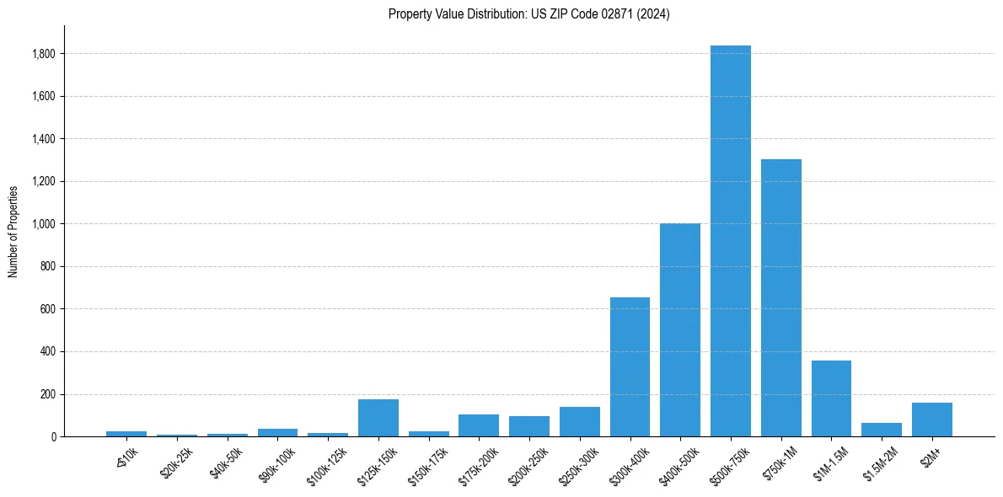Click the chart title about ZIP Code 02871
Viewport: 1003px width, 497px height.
(x=528, y=14)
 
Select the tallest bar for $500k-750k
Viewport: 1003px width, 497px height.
(x=730, y=241)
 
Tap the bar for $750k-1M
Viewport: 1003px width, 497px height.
(x=780, y=297)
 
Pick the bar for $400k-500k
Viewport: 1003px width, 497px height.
(x=680, y=329)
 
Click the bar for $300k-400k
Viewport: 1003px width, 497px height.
(x=630, y=366)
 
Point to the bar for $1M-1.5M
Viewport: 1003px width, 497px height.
(x=831, y=398)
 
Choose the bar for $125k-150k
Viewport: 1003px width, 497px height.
(x=378, y=418)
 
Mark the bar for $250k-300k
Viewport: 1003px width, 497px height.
(x=579, y=421)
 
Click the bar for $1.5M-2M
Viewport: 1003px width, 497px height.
(x=882, y=430)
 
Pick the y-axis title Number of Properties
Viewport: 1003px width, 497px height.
(x=13, y=231)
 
